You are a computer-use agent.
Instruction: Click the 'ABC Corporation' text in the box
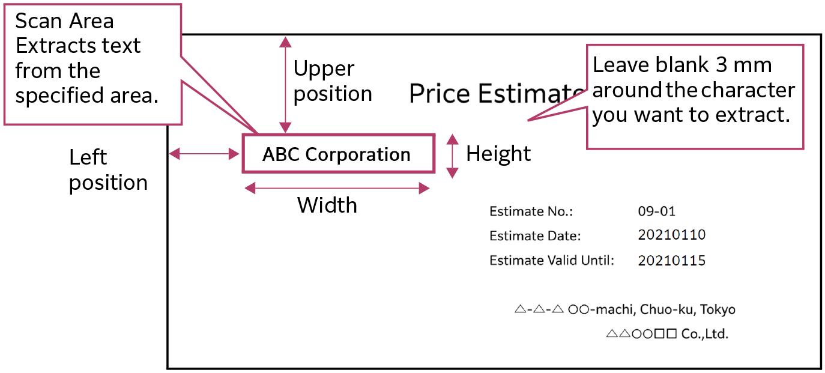click(x=336, y=154)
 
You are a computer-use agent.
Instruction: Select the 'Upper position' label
click(x=333, y=81)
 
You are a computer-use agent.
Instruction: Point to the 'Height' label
click(x=498, y=154)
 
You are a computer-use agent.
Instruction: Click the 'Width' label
click(x=327, y=205)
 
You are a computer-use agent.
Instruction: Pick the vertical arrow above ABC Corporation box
click(x=286, y=84)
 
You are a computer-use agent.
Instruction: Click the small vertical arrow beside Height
click(x=453, y=156)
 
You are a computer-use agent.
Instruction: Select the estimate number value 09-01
click(x=656, y=211)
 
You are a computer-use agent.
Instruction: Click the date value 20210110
click(x=671, y=235)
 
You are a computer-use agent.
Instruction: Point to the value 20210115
click(x=671, y=261)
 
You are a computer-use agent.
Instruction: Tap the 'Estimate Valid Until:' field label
click(x=552, y=261)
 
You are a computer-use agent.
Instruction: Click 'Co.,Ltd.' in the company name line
click(x=704, y=334)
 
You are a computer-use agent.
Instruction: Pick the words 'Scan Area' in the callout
click(x=64, y=21)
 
